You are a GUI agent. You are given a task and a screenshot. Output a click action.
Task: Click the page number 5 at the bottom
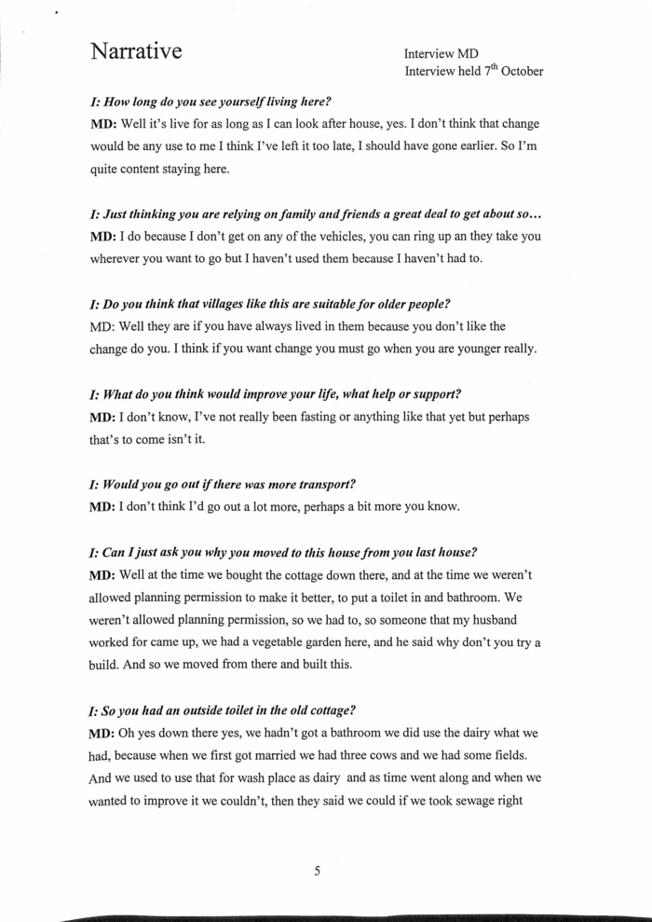317,872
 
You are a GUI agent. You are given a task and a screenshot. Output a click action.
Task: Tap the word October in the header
523,71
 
